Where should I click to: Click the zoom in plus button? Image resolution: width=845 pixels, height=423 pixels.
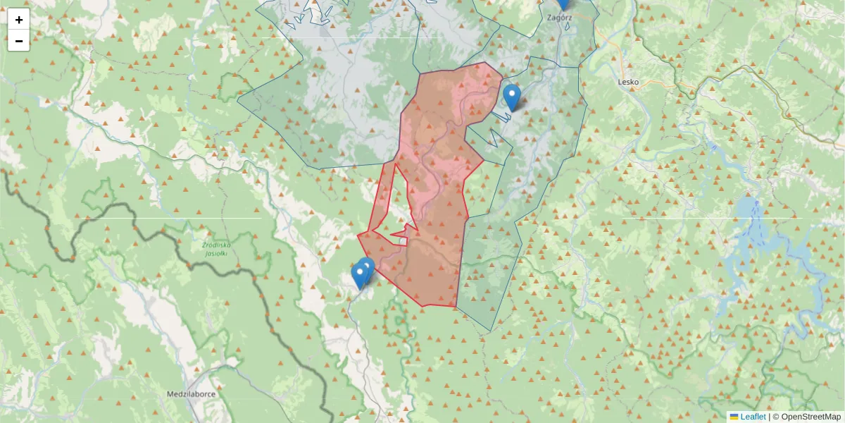coord(19,20)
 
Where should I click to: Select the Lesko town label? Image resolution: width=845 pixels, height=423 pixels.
coord(628,82)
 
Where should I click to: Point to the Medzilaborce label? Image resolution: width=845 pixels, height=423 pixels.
coord(191,394)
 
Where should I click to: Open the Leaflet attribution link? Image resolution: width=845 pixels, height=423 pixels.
coord(753,417)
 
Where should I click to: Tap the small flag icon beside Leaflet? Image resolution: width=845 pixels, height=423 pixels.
coord(734,417)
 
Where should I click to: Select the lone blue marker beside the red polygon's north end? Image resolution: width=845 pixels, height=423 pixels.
coord(512,97)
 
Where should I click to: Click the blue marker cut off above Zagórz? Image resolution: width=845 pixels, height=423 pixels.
coord(563,4)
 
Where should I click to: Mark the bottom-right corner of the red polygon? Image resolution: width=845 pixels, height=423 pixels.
coord(456,307)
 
